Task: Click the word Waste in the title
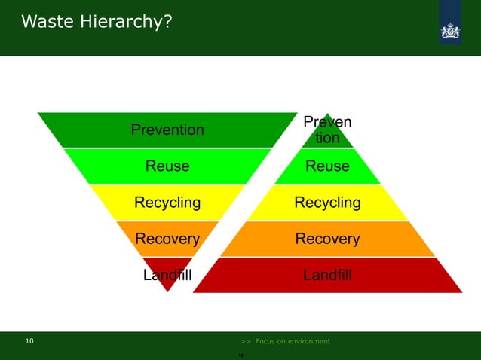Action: click(x=47, y=23)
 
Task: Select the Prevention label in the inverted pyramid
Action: click(x=167, y=130)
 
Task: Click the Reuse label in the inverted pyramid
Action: click(x=167, y=166)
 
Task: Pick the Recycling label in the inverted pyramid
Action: click(x=167, y=202)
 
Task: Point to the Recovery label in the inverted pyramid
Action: click(x=167, y=239)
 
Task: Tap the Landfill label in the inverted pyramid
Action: click(x=167, y=275)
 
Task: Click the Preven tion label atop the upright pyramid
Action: click(x=327, y=130)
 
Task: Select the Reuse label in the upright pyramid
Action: click(x=327, y=166)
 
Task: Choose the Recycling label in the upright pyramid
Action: click(x=327, y=202)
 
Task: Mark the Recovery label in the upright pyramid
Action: click(x=327, y=239)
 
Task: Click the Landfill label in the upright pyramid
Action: click(x=327, y=275)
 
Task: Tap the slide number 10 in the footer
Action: click(x=29, y=341)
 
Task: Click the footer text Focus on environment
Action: click(x=293, y=341)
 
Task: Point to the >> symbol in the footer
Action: click(x=245, y=341)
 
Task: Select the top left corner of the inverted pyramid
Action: click(x=38, y=113)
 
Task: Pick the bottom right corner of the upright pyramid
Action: click(x=461, y=292)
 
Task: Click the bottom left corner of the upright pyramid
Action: click(x=195, y=292)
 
